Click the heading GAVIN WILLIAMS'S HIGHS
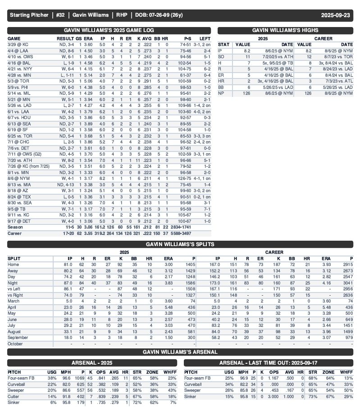coord(285,30)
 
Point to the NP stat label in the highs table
coord(221,93)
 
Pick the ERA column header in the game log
coord(89,39)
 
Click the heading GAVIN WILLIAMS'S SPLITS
coord(180,244)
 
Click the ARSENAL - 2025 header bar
coord(93,363)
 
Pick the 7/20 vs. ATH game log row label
coord(19,160)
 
